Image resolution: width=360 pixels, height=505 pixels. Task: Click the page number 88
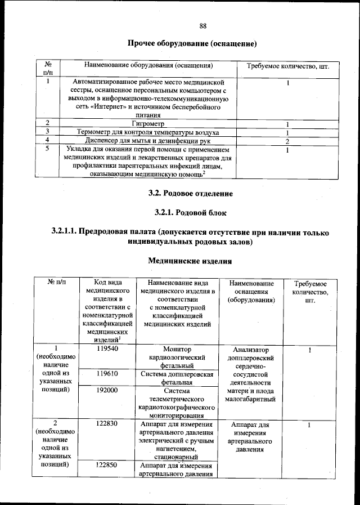tap(203, 25)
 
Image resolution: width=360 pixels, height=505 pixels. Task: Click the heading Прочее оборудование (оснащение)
tap(192, 43)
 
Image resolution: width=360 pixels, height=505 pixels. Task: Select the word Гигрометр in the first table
tap(147, 123)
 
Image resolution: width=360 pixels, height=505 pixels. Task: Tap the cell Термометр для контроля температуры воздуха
tap(147, 132)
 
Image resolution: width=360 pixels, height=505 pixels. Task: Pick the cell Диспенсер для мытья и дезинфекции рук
tap(147, 140)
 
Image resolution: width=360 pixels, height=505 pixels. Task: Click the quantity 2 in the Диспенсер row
tap(287, 140)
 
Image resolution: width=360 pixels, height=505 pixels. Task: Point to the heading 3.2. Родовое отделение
tap(190, 194)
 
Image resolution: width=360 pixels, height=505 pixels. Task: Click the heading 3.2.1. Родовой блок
tap(190, 212)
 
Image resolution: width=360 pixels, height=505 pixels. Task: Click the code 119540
tap(106, 348)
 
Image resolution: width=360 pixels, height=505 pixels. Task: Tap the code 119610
tap(106, 373)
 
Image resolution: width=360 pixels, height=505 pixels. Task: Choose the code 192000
tap(106, 390)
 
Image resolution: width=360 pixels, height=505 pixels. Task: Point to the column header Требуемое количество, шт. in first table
tap(287, 66)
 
